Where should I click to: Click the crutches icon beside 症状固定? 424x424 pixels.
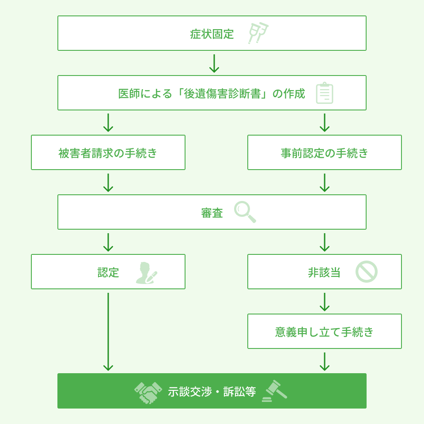[x=257, y=33]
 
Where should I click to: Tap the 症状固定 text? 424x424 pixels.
[x=212, y=34]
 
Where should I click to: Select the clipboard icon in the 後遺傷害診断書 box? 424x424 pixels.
[x=325, y=93]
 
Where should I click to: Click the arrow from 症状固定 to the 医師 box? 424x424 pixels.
[x=214, y=64]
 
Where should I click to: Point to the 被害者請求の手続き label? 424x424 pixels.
[x=108, y=153]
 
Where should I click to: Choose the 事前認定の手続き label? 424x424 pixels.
[x=325, y=153]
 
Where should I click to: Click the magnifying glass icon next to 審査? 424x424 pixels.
[x=245, y=212]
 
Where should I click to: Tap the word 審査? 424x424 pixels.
[x=212, y=213]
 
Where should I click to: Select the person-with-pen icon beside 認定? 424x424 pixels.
[x=146, y=273]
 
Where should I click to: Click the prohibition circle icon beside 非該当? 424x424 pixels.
[x=367, y=272]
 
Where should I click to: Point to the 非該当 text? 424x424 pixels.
[x=324, y=273]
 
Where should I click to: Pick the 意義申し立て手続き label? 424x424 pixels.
[x=325, y=332]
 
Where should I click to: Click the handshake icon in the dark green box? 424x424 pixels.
[x=148, y=393]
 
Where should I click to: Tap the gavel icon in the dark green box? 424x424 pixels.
[x=274, y=391]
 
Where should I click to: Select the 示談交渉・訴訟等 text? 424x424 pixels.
[x=212, y=392]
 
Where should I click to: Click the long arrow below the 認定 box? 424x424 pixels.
[x=108, y=332]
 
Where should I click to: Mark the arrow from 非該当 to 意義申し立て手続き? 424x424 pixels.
[x=325, y=302]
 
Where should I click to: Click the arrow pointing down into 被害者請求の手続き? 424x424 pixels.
[x=108, y=123]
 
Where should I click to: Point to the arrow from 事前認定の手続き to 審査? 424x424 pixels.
[x=325, y=183]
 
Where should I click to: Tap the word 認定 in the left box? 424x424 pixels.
[x=108, y=273]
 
